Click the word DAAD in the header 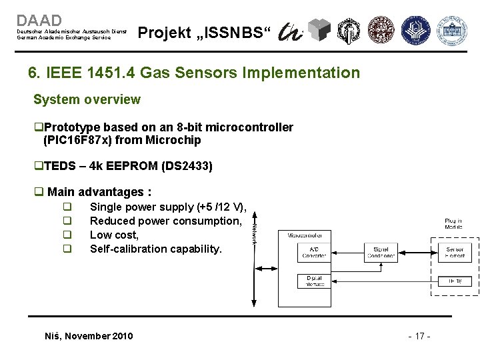39,21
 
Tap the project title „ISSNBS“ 204,33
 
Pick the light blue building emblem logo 451,29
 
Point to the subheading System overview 87,99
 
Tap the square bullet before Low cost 67,235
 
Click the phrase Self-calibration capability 155,249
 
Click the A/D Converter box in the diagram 314,252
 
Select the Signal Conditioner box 381,252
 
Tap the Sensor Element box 455,252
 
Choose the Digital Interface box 314,281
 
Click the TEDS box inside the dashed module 455,281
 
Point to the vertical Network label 255,232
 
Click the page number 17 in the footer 419,336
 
